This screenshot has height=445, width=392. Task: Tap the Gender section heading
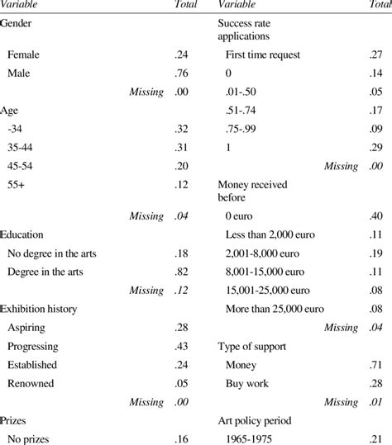pos(18,24)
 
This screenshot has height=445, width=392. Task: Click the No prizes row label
pos(29,437)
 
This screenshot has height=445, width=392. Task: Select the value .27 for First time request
pos(375,54)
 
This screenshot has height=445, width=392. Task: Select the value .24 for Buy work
pos(375,382)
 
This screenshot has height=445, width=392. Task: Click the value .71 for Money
pos(375,364)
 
